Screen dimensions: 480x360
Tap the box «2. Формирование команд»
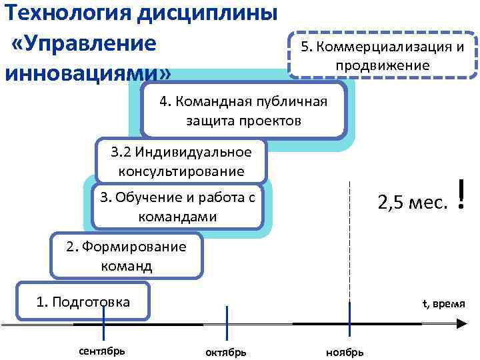coord(126,256)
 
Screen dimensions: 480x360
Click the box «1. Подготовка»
coord(83,302)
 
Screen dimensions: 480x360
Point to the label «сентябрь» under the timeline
coord(102,350)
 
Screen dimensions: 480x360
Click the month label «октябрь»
coord(226,351)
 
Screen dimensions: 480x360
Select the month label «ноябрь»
coord(345,351)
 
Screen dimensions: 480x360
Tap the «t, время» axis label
coord(443,303)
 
